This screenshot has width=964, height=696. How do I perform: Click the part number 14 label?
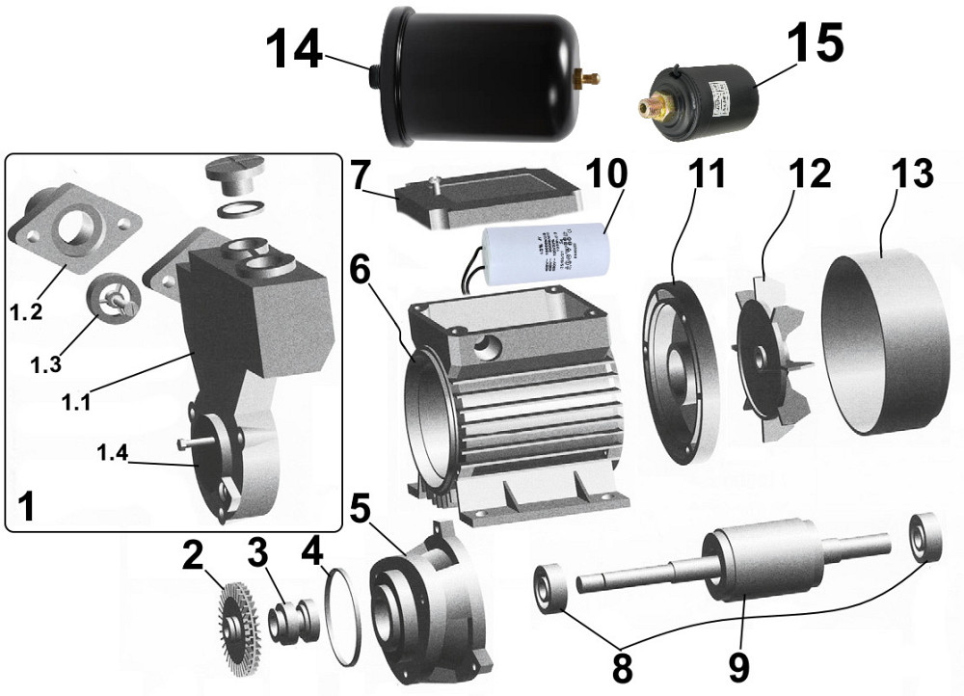pos(294,49)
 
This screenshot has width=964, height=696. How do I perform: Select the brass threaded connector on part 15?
pos(655,101)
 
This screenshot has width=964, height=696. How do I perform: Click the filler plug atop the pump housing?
pos(233,179)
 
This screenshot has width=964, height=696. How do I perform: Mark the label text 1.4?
pos(113,451)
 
